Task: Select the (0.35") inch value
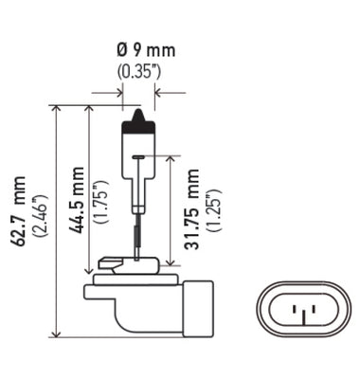point(138,70)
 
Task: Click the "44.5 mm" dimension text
point(78,199)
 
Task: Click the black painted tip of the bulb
point(138,117)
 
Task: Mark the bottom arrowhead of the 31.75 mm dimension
point(170,268)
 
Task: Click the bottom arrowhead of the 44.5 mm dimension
point(88,268)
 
